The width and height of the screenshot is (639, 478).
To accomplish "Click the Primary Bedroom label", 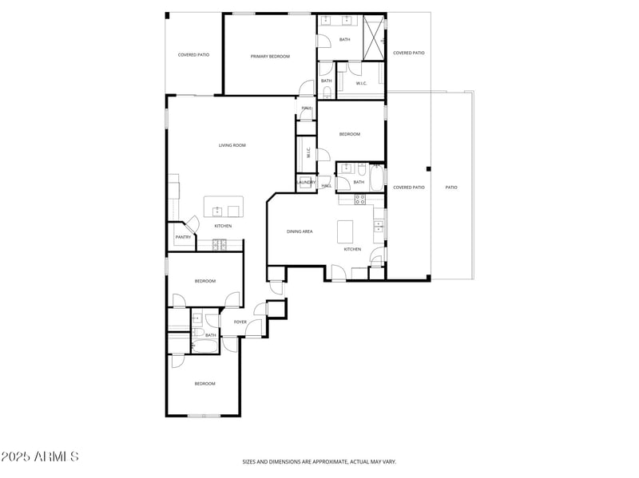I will (x=270, y=56).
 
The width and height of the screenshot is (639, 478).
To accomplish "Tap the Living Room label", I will (x=232, y=145).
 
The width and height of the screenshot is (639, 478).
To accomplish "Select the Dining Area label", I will (x=300, y=231).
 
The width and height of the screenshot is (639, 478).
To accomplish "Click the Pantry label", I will (x=182, y=237).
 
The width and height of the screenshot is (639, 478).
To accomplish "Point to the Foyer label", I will (x=240, y=322).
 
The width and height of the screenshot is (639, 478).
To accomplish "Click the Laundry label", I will (x=307, y=183).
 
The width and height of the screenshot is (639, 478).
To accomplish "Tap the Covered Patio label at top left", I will (x=193, y=54).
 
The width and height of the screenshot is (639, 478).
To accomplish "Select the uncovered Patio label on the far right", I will (x=451, y=188).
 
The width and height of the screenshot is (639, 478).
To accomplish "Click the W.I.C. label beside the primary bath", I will (x=361, y=83).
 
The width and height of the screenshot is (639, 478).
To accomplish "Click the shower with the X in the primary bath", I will (x=372, y=38).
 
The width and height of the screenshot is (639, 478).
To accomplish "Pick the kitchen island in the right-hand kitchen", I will (x=345, y=232).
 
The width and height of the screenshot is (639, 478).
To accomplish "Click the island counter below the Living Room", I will (x=222, y=207).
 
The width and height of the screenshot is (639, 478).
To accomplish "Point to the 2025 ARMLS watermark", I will (x=40, y=457).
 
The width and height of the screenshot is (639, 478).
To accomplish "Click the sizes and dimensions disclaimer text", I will (x=319, y=461).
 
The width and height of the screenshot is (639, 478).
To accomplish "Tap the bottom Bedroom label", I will (x=205, y=384).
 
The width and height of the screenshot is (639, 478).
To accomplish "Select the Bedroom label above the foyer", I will (x=205, y=281).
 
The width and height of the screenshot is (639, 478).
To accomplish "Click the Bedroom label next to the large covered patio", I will (x=350, y=134).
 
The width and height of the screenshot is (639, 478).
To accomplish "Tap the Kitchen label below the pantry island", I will (x=223, y=226).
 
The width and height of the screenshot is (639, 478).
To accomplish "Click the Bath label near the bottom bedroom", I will (x=211, y=335).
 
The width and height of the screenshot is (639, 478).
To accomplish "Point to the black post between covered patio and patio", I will (x=429, y=168).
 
